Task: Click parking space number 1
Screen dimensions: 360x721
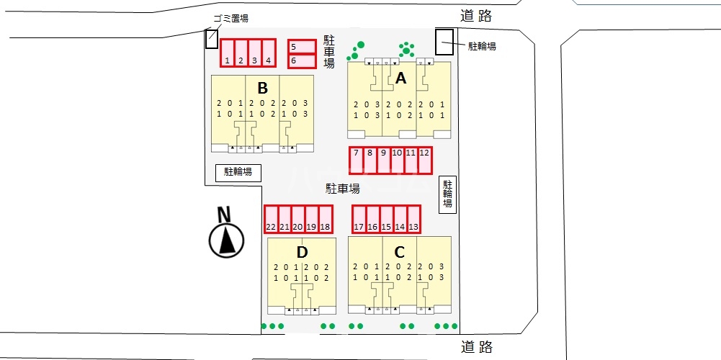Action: pyautogui.click(x=228, y=53)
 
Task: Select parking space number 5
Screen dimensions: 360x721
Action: pyautogui.click(x=302, y=47)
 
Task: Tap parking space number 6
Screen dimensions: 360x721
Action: pyautogui.click(x=302, y=61)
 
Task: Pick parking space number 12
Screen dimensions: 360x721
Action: pyautogui.click(x=425, y=161)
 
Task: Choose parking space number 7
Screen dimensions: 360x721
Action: pyautogui.click(x=356, y=161)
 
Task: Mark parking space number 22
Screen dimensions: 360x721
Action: pyautogui.click(x=271, y=220)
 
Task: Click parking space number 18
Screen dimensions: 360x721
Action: pyautogui.click(x=325, y=220)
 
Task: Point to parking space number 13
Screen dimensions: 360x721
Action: pyautogui.click(x=413, y=220)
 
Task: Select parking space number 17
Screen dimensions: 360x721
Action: pyautogui.click(x=359, y=220)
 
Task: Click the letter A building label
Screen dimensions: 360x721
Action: pyautogui.click(x=401, y=78)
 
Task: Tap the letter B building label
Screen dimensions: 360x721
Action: pyautogui.click(x=262, y=89)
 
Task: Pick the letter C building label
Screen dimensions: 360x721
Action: pyautogui.click(x=400, y=252)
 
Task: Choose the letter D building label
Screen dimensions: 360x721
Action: pyautogui.click(x=302, y=252)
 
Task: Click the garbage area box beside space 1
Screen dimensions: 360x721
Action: pyautogui.click(x=211, y=39)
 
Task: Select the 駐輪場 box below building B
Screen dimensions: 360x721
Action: pyautogui.click(x=238, y=172)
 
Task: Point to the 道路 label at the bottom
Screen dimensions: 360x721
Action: pyautogui.click(x=477, y=348)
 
